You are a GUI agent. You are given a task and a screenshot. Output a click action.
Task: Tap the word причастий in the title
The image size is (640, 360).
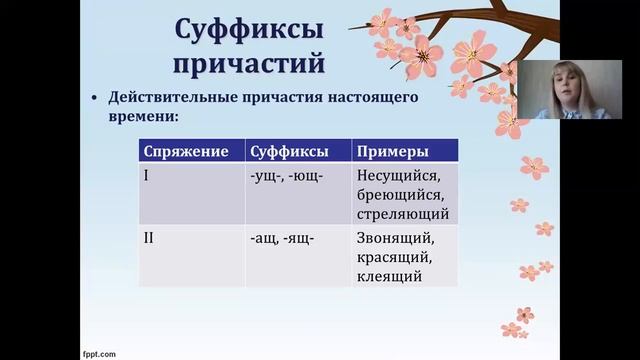[249, 63]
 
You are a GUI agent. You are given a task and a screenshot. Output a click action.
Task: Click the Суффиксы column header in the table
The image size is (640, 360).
[290, 152]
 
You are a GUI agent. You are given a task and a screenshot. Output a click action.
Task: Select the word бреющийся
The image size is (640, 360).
[401, 195]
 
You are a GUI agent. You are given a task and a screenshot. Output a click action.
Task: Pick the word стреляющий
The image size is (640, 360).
[402, 214]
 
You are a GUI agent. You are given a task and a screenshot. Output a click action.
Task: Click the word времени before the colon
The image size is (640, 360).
[140, 117]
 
